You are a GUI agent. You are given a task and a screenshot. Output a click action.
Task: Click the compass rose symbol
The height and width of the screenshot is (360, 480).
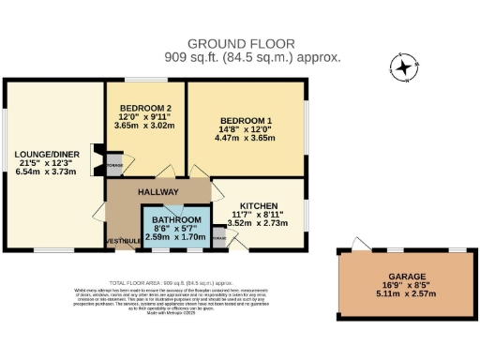(402, 67)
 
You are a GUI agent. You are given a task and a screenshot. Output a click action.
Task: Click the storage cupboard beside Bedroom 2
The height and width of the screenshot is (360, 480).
(113, 165)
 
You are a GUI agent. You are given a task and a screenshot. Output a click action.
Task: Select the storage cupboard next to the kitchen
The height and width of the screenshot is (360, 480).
(218, 240)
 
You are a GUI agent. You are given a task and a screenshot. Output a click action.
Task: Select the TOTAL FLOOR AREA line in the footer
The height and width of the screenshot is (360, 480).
(184, 282)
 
